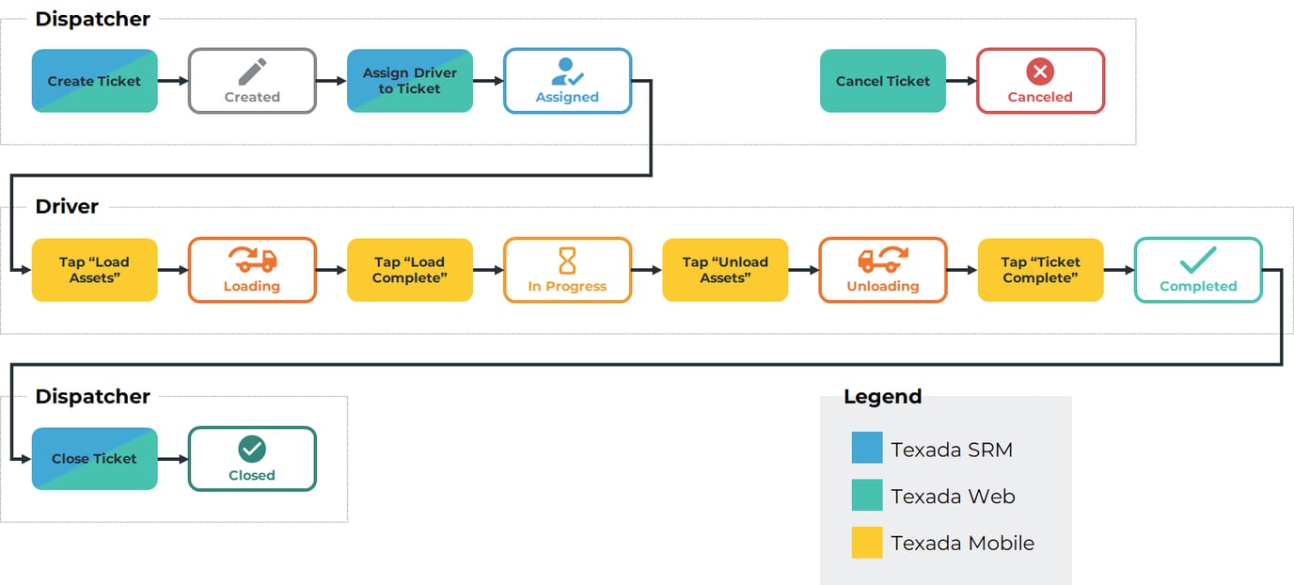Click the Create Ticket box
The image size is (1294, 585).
[x=94, y=81]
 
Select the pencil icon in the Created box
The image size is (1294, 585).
[x=252, y=71]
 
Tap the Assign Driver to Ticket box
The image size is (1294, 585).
[x=410, y=81]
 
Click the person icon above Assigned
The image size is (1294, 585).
[x=567, y=71]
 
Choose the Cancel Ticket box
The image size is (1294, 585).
[x=883, y=81]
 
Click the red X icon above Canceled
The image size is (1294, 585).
[x=1040, y=71]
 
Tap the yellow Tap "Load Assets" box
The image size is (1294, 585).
[x=94, y=270]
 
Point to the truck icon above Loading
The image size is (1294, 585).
[x=252, y=260]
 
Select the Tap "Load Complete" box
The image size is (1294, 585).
[x=410, y=270]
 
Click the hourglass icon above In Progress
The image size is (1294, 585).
[x=567, y=261]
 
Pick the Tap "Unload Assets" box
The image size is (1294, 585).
[x=725, y=270]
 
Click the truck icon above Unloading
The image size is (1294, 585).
[x=883, y=260]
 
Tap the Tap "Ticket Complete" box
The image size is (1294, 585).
[x=1040, y=270]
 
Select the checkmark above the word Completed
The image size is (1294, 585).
[x=1198, y=260]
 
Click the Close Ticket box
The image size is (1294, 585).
[x=94, y=459]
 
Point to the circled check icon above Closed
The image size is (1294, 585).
[x=252, y=449]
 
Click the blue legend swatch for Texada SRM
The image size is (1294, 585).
[x=867, y=448]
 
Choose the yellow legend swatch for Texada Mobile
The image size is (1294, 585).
[x=867, y=543]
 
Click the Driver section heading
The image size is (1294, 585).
[x=67, y=207]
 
